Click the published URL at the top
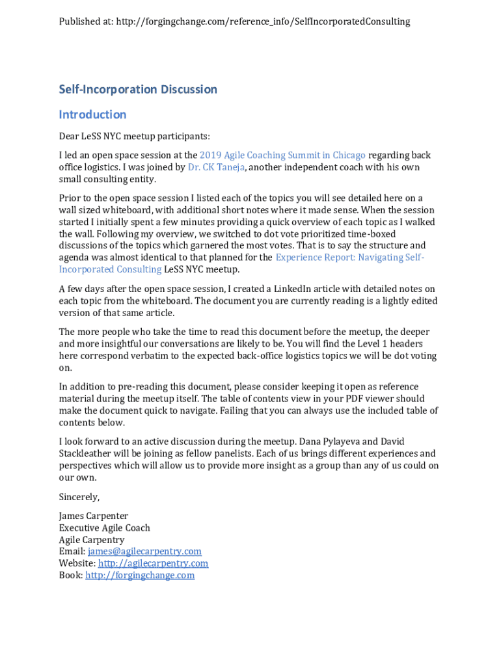(x=263, y=21)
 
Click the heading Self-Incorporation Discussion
(x=138, y=89)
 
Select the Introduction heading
(x=92, y=114)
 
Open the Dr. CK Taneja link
(x=215, y=167)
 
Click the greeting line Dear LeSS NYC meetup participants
(x=135, y=136)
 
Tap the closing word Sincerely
(x=79, y=497)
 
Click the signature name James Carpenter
(x=94, y=516)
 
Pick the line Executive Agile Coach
(x=105, y=527)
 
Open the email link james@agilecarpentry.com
(x=144, y=552)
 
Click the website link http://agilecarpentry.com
(x=153, y=563)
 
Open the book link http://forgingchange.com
(x=140, y=575)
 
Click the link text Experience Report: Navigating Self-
(x=350, y=258)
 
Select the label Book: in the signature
(x=71, y=575)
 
